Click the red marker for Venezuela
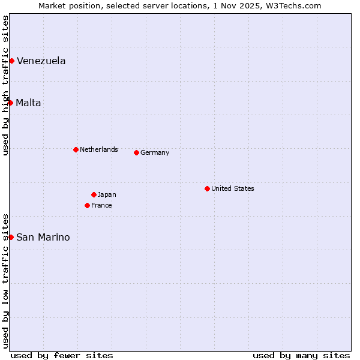[11, 61]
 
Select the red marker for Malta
[10, 103]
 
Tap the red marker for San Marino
[11, 237]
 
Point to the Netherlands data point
[76, 149]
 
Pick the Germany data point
[136, 152]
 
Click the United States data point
[207, 188]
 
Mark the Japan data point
[94, 194]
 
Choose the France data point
[87, 205]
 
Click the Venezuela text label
[41, 61]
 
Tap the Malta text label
[29, 103]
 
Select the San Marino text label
[43, 237]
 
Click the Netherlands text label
[99, 149]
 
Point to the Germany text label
[155, 152]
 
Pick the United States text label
[233, 188]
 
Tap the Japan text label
[107, 194]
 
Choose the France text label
[101, 205]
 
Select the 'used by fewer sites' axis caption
[62, 355]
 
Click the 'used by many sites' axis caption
[301, 355]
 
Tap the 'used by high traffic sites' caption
[5, 85]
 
